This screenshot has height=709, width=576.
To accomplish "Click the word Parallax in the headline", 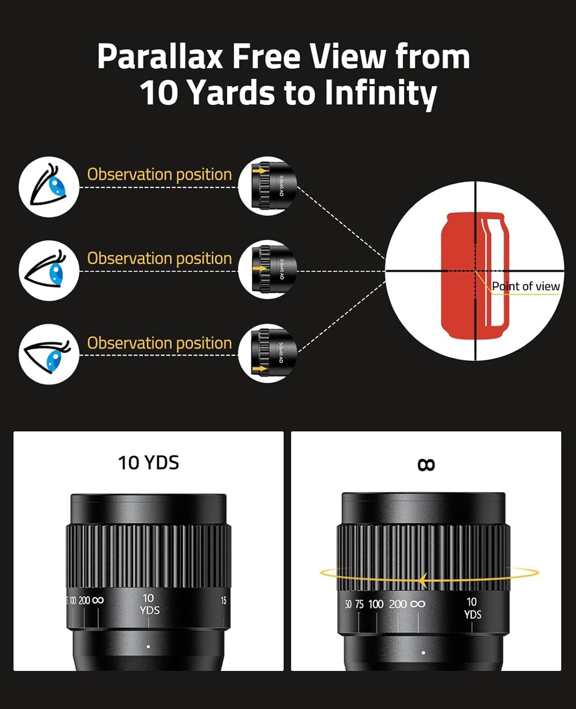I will [160, 57].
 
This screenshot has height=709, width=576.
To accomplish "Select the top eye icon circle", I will [49, 187].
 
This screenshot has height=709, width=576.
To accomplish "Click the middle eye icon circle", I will [49, 271].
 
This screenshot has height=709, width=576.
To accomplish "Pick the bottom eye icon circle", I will [49, 354].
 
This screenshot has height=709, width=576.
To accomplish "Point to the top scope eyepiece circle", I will [268, 186].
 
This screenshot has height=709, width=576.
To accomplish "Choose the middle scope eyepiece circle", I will [268, 270].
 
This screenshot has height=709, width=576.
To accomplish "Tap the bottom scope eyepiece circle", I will [268, 354].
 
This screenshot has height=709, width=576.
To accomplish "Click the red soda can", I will [474, 275].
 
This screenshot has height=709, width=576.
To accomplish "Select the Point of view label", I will [525, 286].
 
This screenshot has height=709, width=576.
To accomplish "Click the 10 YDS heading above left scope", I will [148, 463].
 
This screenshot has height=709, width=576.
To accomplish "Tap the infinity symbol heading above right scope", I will [426, 464].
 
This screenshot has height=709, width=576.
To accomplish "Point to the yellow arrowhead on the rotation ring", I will [423, 579].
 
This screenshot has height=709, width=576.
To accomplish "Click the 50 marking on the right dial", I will [348, 604].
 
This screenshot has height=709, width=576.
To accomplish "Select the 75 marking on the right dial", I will [359, 604].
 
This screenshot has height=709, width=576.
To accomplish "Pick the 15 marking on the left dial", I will [223, 600].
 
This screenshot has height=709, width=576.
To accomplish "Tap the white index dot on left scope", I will [148, 647].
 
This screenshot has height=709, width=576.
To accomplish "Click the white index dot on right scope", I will [424, 653].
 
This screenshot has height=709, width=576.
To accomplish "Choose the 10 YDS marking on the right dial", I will [472, 608].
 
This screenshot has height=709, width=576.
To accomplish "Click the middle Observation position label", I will [159, 258].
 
